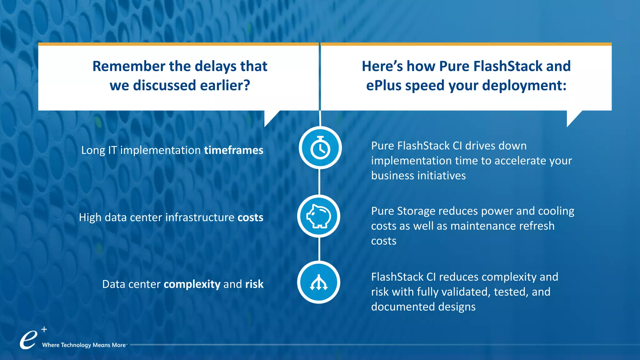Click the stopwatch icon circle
[320, 148]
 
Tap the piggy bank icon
[319, 216]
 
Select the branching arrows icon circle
[319, 282]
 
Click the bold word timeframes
[233, 150]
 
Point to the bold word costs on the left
[250, 217]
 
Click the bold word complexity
[192, 284]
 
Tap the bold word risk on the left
[254, 284]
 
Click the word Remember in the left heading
[129, 66]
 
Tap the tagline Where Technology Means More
[84, 345]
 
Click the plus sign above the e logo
[44, 329]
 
